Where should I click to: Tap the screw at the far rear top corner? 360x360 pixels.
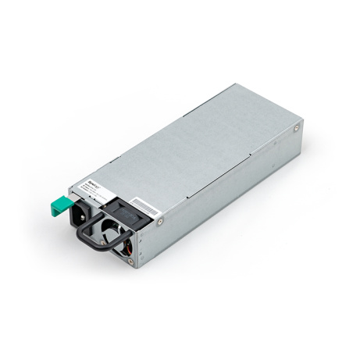coord(299,124)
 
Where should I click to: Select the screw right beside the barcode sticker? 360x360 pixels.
coord(159,221)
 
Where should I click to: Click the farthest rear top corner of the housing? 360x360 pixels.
coord(234,84)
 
